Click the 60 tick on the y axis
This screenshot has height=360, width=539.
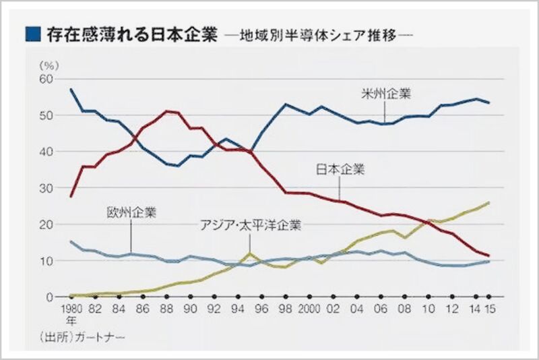(46, 79)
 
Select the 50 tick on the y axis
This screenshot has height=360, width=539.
(46, 115)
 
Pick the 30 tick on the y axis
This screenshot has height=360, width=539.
(46, 188)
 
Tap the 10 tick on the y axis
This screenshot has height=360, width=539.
(46, 261)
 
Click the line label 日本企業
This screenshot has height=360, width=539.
(340, 169)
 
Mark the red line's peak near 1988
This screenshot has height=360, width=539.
(167, 111)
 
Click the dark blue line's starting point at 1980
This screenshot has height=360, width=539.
(71, 90)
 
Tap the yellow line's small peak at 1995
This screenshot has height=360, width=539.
(250, 253)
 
